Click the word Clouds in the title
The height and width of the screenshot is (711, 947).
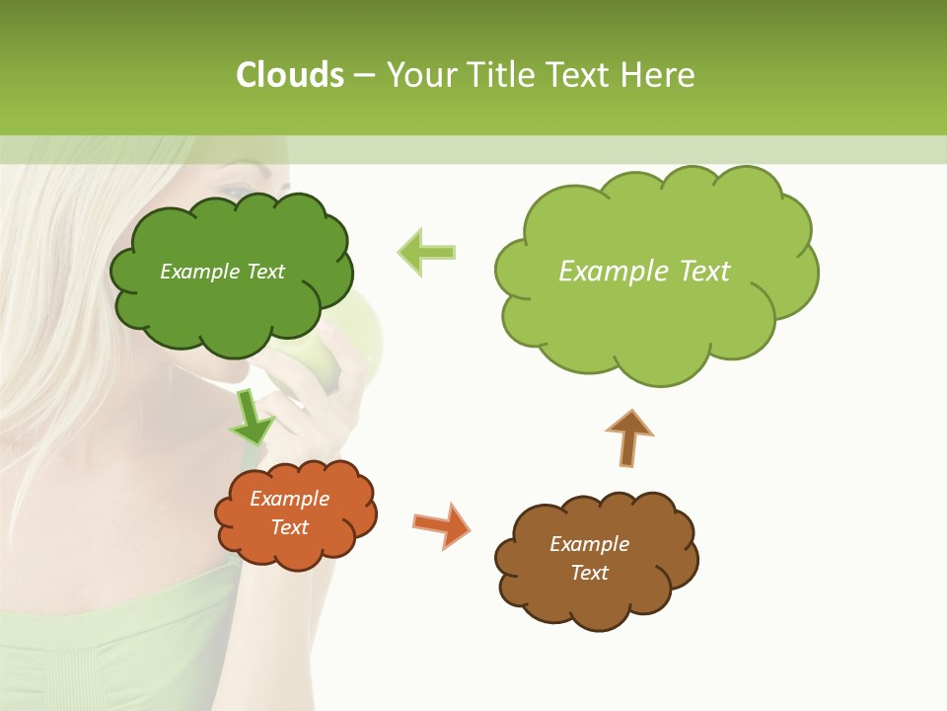[x=290, y=75]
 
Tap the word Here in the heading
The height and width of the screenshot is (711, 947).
[x=659, y=75]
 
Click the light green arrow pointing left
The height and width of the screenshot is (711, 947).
[x=426, y=252]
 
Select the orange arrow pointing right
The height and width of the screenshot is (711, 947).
[x=441, y=524]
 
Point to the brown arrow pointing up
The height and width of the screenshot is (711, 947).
[x=629, y=436]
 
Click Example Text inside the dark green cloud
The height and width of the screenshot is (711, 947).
[x=222, y=272]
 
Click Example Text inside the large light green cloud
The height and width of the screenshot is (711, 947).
[x=644, y=272]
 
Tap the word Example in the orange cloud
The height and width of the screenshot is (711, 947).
[x=289, y=499]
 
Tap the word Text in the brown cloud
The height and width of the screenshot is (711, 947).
[x=589, y=573]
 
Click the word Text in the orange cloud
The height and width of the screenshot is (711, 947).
[x=289, y=527]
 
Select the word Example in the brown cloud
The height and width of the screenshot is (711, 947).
[x=589, y=544]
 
